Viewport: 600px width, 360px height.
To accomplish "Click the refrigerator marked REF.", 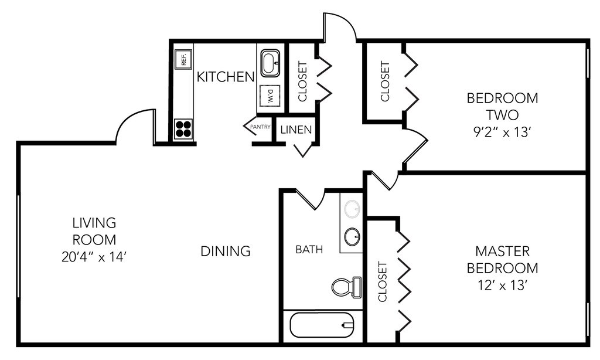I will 183,59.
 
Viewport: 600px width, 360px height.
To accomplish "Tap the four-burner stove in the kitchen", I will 183,128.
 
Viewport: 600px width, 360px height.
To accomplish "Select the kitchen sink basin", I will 270,63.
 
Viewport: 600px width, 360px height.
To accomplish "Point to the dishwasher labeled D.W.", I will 270,96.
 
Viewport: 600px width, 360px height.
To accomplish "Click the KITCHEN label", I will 226,77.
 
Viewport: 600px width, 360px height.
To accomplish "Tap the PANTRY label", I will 260,126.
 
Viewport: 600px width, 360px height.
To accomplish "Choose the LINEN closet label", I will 296,130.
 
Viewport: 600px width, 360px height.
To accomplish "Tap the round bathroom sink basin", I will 352,237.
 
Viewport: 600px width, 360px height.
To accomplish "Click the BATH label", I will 309,250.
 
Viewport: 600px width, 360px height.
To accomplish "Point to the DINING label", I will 226,252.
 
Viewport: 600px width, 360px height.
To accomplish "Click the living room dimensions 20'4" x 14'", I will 94,256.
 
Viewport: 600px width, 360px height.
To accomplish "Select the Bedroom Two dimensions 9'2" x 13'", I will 502,131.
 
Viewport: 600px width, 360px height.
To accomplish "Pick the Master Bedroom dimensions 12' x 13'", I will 506,286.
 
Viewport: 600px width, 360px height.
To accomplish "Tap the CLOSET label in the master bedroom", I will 383,281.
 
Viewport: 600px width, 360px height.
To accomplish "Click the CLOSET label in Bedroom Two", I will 385,81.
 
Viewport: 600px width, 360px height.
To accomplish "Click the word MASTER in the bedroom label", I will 502,252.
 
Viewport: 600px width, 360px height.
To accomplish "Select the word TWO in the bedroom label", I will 502,114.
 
